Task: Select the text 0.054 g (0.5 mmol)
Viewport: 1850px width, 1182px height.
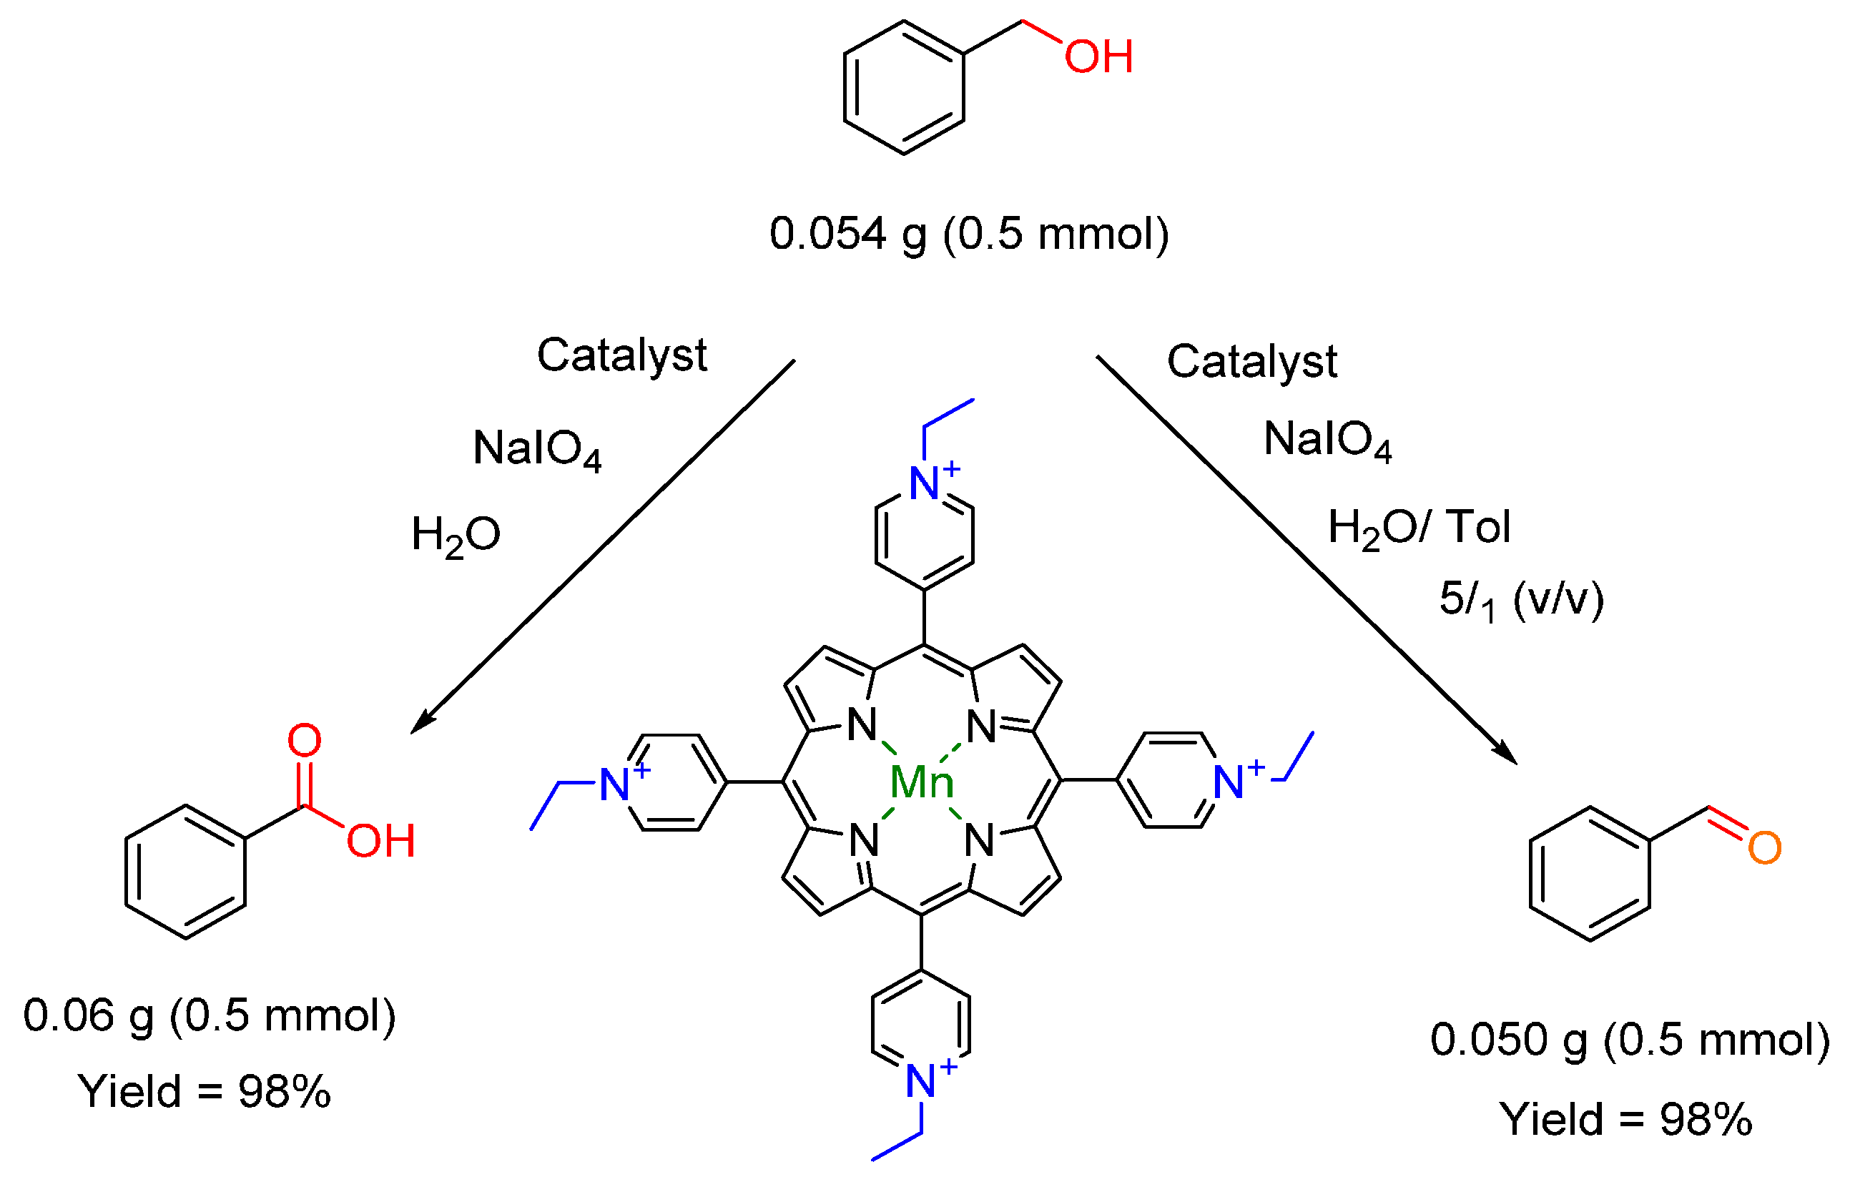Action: (969, 234)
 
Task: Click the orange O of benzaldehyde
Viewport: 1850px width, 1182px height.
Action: (1764, 849)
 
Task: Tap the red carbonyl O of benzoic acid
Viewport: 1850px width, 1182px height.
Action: (304, 740)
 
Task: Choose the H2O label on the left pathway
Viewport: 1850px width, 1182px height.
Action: (456, 536)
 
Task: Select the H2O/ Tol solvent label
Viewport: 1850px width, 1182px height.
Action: (1419, 528)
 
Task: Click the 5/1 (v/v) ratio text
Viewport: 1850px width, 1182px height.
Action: (1521, 600)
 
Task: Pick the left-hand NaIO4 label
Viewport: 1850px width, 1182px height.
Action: (537, 449)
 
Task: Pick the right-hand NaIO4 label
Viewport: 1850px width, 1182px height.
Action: (1327, 441)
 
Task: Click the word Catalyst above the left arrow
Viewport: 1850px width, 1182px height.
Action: (621, 355)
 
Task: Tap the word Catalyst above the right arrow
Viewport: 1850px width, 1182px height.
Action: (1251, 362)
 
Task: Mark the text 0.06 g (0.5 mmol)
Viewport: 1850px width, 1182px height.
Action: (209, 1017)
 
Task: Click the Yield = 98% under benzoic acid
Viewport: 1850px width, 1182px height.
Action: (205, 1091)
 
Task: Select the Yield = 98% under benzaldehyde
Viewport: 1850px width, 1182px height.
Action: (1625, 1119)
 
